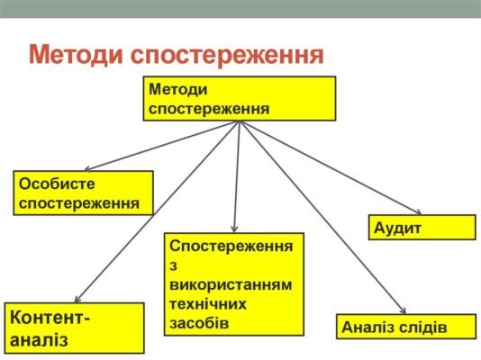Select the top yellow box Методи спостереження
tap(239, 99)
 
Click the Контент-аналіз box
tap(74, 328)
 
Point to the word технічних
tap(209, 303)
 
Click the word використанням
tap(231, 284)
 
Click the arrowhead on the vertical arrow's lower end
tap(234, 229)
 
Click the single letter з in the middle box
tap(172, 265)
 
